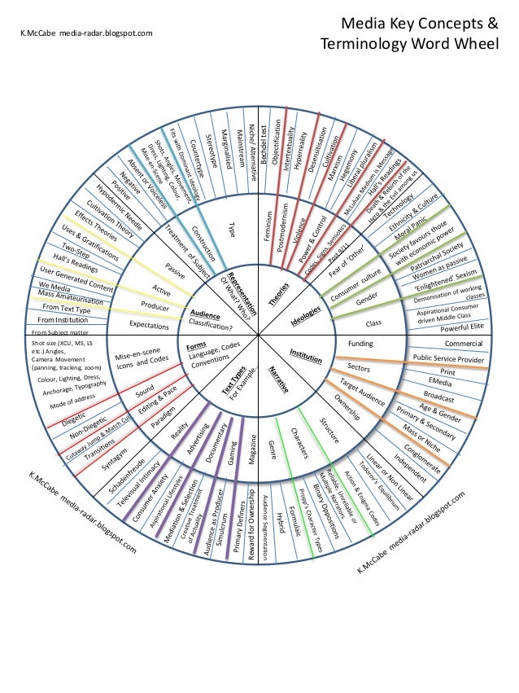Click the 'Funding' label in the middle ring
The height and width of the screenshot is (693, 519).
point(360,344)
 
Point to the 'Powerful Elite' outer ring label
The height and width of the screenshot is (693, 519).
point(460,329)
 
